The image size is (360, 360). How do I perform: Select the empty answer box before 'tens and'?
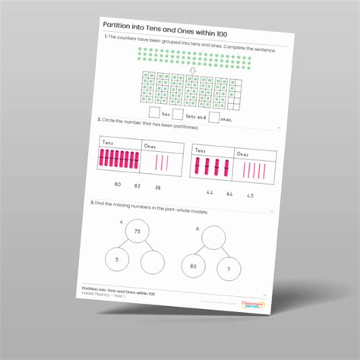[x=178, y=115]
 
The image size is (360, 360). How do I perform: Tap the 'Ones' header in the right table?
[x=243, y=154]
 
